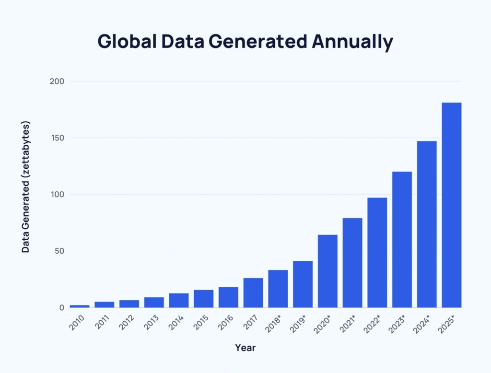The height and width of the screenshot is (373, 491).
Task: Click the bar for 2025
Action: tap(451, 205)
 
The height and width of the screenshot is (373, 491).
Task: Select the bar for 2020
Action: tap(327, 271)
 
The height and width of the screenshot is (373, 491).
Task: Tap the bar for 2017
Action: tap(253, 292)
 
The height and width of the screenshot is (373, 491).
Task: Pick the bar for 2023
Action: tap(402, 239)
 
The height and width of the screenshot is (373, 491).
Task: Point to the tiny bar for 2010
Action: tap(80, 306)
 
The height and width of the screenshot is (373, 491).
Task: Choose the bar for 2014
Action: tap(178, 300)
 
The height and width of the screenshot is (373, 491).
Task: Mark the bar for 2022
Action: tap(377, 252)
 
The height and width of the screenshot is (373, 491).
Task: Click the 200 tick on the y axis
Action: tap(57, 82)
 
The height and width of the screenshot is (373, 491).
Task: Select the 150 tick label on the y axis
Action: tap(57, 138)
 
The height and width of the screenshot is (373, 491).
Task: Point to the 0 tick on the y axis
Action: tap(61, 308)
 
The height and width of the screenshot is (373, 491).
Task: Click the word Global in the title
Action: tap(127, 42)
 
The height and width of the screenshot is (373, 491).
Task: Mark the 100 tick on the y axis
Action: tap(57, 195)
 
